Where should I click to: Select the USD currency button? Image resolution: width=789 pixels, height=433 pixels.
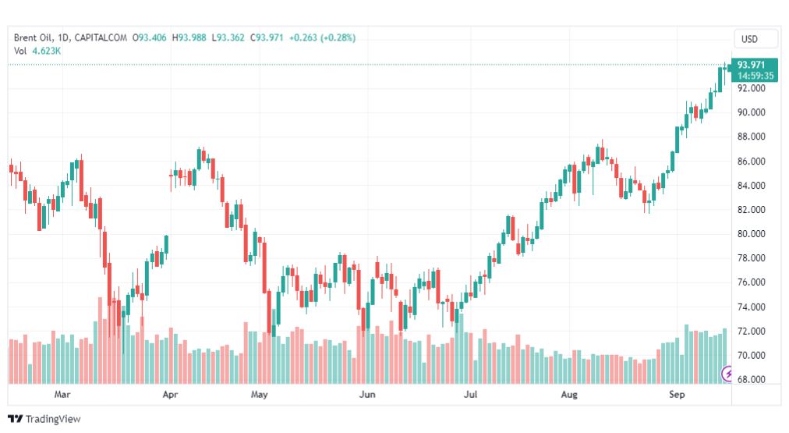(x=755, y=38)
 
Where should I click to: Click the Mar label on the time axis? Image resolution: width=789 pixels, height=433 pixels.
(x=62, y=396)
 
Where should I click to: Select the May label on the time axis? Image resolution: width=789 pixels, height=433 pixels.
(x=259, y=396)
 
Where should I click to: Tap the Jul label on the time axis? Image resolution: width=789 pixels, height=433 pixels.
(x=470, y=396)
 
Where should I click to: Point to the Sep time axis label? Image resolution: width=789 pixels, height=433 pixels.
(x=677, y=396)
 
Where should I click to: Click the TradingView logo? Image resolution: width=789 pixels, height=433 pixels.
(x=44, y=419)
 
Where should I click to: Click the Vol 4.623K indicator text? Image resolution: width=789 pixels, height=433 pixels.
(x=37, y=51)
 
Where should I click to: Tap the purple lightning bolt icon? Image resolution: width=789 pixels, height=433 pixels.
(x=728, y=374)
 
